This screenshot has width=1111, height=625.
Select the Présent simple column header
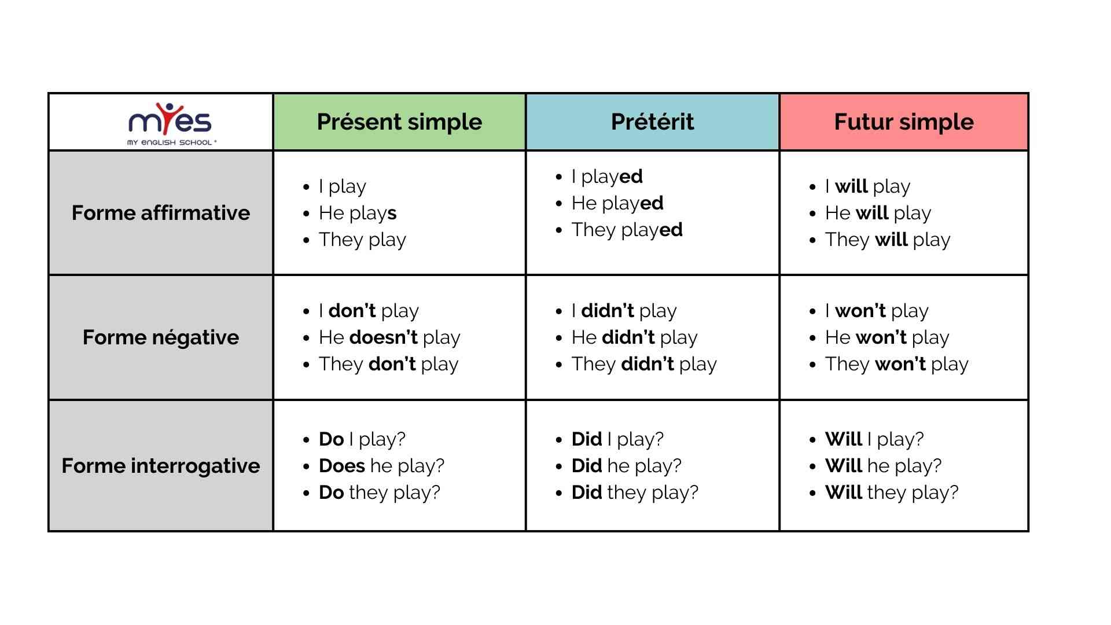(399, 122)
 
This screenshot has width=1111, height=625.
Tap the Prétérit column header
(652, 122)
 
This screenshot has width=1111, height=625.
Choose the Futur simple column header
(904, 122)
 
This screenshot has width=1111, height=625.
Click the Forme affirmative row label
(161, 213)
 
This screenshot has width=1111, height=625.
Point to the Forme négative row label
(161, 337)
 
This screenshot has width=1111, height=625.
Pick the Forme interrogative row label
(161, 466)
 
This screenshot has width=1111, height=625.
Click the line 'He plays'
(358, 214)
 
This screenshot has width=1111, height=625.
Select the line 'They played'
(627, 230)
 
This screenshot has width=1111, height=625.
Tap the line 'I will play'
(867, 187)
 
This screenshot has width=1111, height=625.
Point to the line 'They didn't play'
(644, 364)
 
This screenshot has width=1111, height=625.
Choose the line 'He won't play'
(887, 337)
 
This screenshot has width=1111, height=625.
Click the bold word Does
(342, 466)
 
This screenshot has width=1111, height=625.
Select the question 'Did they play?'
(635, 492)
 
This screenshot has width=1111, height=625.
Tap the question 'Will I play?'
(874, 439)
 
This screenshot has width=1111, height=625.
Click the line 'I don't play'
(369, 311)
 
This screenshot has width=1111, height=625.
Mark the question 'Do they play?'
(380, 492)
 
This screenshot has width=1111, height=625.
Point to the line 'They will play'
(888, 240)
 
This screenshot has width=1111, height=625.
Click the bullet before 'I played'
(559, 177)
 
